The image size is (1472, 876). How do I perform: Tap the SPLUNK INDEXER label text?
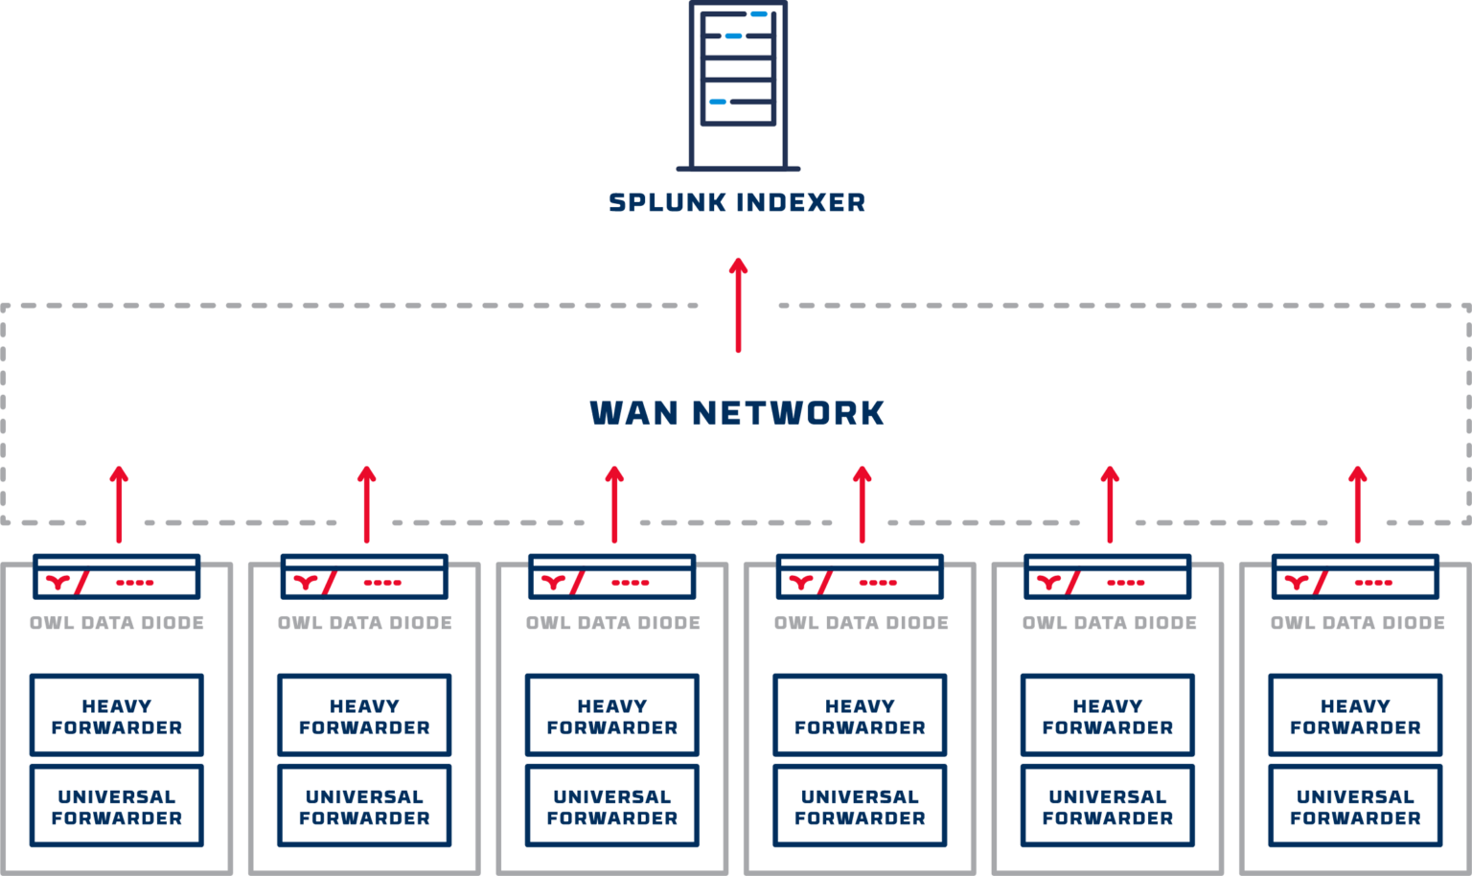coord(738,203)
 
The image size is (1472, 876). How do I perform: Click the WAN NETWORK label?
coord(737,413)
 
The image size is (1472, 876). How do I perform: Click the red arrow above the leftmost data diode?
coord(119,504)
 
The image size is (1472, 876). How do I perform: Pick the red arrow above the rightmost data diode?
coord(1357,504)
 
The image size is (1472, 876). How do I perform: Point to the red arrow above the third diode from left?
coord(614,504)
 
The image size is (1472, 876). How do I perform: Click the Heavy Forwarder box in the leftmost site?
coord(117,716)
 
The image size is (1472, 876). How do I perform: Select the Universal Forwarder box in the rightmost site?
coord(1355,806)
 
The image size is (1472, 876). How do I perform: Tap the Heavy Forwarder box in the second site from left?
coord(364,716)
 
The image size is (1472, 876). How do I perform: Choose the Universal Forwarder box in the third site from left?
coord(612,806)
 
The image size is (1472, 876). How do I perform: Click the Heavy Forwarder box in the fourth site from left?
coord(860,716)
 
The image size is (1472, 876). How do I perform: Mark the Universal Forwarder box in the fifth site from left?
coord(1108,806)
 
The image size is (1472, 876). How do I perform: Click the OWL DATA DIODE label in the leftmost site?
coord(117,623)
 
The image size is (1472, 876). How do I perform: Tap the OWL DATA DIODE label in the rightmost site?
coord(1358,623)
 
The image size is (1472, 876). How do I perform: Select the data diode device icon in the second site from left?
coord(364,578)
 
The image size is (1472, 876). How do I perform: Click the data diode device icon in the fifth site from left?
coord(1108,578)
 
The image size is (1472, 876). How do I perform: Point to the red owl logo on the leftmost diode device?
coord(58,581)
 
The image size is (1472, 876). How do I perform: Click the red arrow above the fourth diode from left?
coord(862,504)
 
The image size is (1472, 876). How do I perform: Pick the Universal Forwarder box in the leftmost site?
coord(117,806)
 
